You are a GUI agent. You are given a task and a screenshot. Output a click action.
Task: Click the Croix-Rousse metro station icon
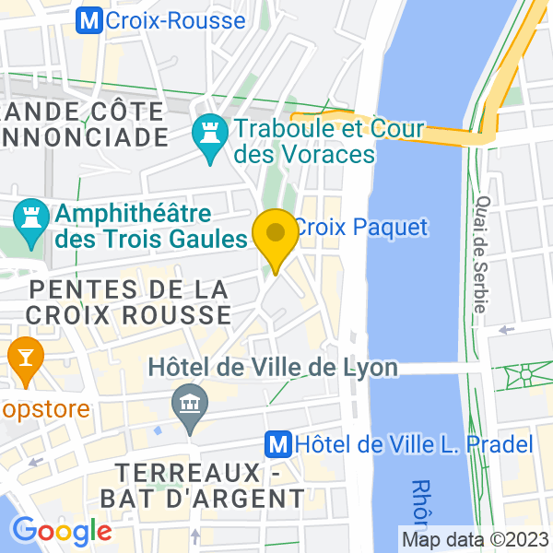89,19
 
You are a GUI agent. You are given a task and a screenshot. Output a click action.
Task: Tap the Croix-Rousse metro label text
175,20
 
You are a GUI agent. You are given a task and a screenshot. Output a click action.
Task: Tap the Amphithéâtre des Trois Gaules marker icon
32,224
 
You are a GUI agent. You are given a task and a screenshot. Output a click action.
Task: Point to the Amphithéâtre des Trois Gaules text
152,227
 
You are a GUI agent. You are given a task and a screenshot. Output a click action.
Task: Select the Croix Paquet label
360,226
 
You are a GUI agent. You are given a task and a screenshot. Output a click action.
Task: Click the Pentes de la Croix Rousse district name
128,301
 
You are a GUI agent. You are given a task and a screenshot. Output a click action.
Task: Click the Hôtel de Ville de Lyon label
274,368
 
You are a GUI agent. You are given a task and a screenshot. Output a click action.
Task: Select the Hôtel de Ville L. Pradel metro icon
276,444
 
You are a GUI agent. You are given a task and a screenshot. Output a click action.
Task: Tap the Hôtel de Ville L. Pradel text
414,444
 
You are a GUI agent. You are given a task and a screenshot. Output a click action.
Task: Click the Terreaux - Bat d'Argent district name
210,486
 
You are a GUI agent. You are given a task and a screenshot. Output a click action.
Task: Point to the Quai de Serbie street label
480,254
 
